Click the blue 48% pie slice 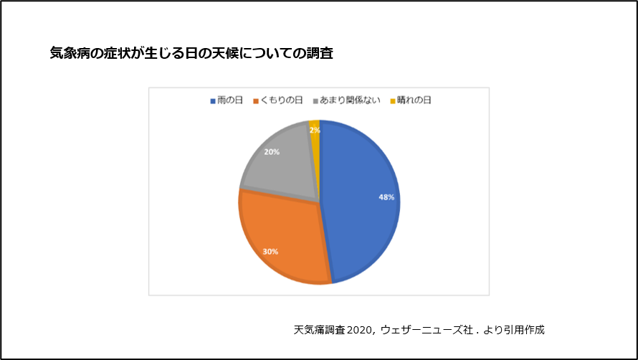[x=358, y=215]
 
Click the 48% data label [x=386, y=197]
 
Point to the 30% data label [x=270, y=252]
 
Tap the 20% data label [x=272, y=152]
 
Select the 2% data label [x=315, y=131]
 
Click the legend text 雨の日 [x=230, y=100]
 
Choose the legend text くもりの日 [x=282, y=100]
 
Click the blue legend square [x=213, y=101]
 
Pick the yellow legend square [x=392, y=101]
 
